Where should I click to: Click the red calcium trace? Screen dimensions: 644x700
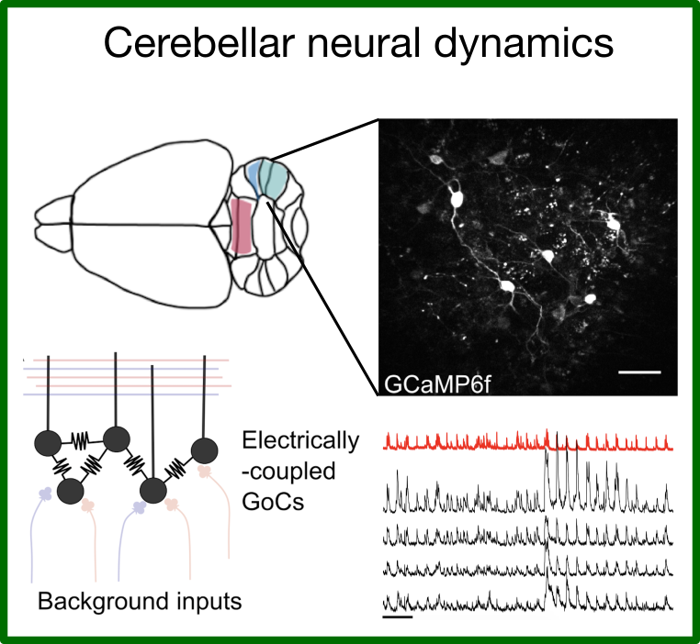[x=528, y=442]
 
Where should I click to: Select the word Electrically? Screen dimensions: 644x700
[x=299, y=441]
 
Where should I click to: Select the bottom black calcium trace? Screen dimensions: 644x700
[x=528, y=601]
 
